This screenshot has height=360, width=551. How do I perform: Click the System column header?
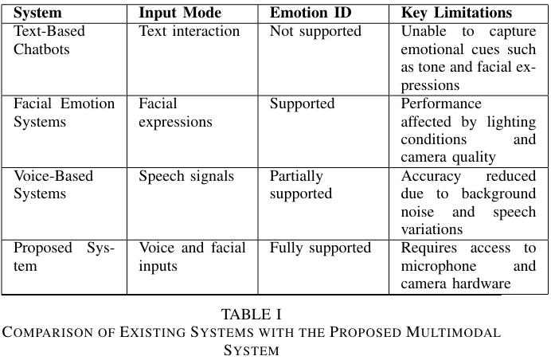(x=37, y=14)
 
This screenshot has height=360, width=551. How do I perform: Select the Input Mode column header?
(x=180, y=14)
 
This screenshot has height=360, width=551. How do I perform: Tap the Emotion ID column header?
(x=311, y=13)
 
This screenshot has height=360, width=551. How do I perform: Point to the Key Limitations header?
(x=456, y=14)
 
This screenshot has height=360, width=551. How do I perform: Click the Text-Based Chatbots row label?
(x=49, y=40)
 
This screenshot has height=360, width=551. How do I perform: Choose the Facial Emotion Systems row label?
(x=64, y=112)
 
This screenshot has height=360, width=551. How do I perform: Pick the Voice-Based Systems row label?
(x=53, y=185)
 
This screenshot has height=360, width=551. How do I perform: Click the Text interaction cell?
(x=189, y=31)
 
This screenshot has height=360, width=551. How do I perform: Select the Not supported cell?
(x=315, y=32)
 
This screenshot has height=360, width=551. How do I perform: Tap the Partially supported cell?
(x=301, y=186)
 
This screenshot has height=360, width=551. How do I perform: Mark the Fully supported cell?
(x=320, y=248)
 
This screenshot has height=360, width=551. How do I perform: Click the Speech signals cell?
(x=186, y=177)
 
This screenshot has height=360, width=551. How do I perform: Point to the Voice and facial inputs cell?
(x=192, y=257)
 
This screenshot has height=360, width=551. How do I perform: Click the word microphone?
(x=439, y=266)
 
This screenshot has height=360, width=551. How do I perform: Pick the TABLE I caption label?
(x=252, y=315)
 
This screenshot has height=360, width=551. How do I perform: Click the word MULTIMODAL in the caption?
(x=453, y=332)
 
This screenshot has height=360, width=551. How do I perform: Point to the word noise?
(x=417, y=212)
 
